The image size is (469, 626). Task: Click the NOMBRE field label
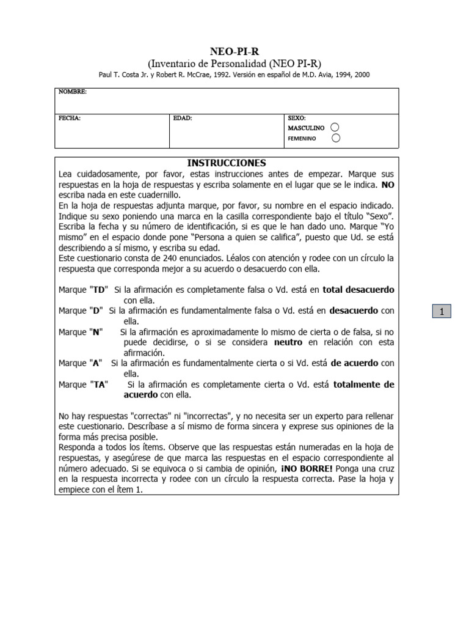[x=72, y=92]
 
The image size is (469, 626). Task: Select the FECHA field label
[x=69, y=118]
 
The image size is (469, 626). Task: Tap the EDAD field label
[x=183, y=118]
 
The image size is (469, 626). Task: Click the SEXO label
[x=297, y=118]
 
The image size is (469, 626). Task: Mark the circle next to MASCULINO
[x=334, y=128]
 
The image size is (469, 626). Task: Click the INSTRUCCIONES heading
[x=227, y=163]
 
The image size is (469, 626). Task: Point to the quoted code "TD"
[x=99, y=289]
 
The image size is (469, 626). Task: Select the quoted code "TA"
[x=99, y=385]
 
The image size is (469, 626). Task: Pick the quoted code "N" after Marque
[x=96, y=331]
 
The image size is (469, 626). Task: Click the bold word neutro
[x=288, y=342]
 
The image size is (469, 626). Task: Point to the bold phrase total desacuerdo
[x=358, y=289]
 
